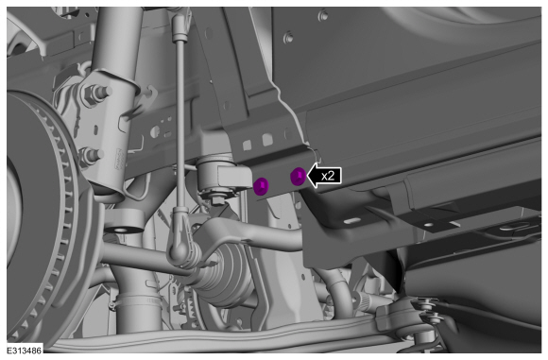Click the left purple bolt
(261, 186)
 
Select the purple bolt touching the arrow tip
(298, 176)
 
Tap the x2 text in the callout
(328, 176)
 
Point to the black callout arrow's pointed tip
(306, 176)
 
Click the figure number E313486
(25, 351)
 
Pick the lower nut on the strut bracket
(90, 156)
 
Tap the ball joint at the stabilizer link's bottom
(179, 250)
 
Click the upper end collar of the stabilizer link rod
(180, 35)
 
